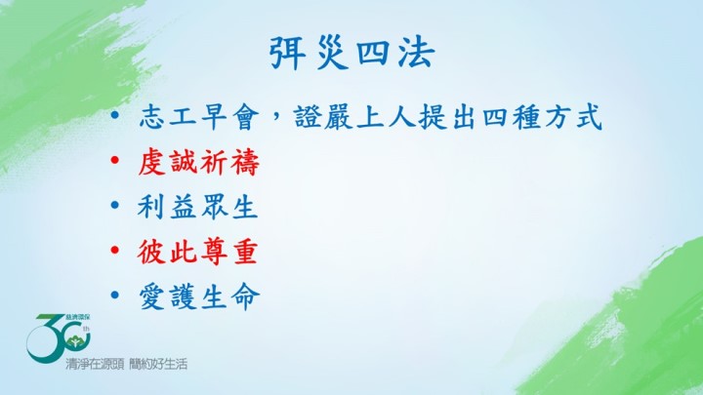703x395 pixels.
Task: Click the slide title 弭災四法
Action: [351, 54]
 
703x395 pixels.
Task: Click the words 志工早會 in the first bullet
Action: [199, 118]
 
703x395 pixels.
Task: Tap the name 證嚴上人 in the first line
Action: [355, 118]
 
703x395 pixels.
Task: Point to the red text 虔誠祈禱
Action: [199, 163]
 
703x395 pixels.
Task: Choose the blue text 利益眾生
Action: [198, 208]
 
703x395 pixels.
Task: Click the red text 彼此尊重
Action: [197, 252]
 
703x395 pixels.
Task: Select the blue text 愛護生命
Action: [199, 296]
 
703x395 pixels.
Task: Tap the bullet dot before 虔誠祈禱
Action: [115, 160]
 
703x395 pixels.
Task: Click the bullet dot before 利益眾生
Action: [115, 205]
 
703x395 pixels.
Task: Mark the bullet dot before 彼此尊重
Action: [115, 250]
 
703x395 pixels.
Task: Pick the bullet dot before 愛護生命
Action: [115, 295]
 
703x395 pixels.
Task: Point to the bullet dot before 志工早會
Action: [115, 115]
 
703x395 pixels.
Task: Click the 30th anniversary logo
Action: [59, 337]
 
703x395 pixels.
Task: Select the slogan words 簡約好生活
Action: [158, 364]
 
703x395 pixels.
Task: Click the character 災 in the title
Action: [331, 54]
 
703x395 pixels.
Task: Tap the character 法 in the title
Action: [417, 54]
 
